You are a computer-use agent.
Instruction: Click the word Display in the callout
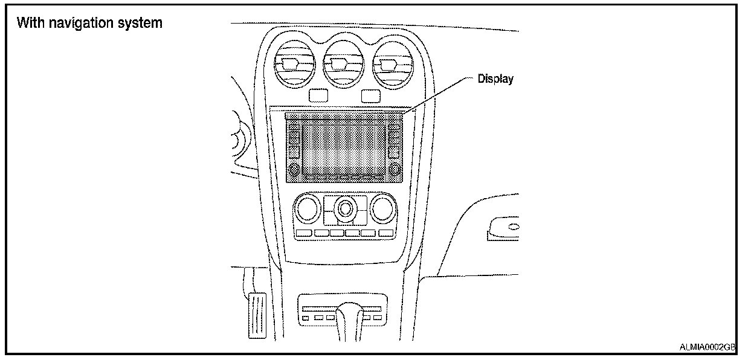point(495,79)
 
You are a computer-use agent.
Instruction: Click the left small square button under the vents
point(317,95)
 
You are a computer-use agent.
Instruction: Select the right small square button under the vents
point(371,95)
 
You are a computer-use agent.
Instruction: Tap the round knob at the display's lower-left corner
point(294,170)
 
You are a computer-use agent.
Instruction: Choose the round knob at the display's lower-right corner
point(395,170)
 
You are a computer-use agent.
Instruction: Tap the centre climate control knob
point(345,209)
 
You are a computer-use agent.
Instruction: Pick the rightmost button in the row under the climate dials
point(385,233)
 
